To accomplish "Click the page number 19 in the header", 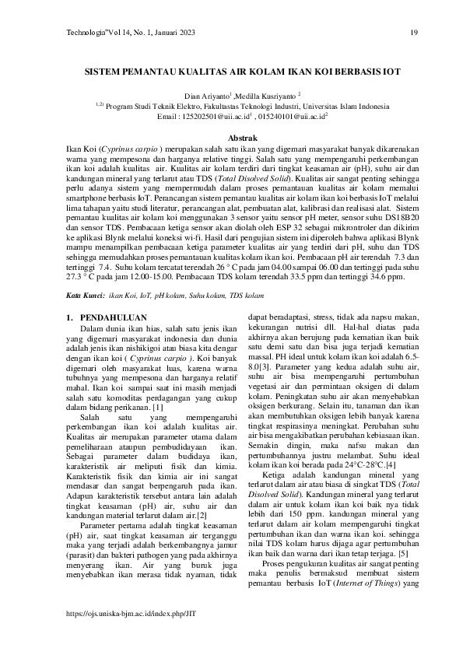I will [x=414, y=33].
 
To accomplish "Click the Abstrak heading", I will [x=231, y=136].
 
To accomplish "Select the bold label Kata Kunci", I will [x=85, y=296].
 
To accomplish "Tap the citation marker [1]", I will [x=158, y=408].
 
